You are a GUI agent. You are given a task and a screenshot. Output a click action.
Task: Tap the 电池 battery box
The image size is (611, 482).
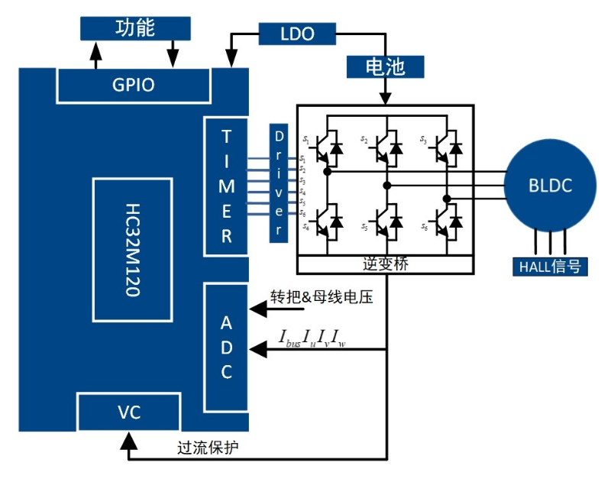(386, 66)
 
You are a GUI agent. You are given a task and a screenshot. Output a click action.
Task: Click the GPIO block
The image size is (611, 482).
(133, 85)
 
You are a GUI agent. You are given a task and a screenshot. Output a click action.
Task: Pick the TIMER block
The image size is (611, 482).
(226, 187)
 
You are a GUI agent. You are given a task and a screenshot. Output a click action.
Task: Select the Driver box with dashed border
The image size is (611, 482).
(279, 183)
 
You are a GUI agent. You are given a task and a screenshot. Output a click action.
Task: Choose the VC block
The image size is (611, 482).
(129, 412)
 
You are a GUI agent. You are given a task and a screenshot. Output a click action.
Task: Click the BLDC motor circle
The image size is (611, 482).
(550, 186)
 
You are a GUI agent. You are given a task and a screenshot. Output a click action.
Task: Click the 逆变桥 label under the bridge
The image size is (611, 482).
(385, 264)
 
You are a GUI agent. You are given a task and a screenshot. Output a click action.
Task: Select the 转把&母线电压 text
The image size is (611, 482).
(321, 297)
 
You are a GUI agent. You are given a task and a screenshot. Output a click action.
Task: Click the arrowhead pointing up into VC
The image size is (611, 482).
(129, 440)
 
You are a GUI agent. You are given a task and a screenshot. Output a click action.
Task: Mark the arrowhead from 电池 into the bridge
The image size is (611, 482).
(386, 97)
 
